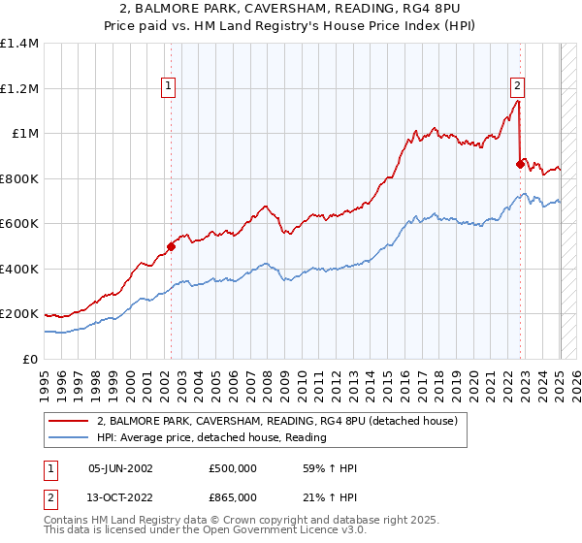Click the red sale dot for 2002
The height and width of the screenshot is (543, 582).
(x=172, y=246)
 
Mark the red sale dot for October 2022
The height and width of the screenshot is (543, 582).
(x=521, y=165)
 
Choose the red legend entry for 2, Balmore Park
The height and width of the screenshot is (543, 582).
(x=257, y=421)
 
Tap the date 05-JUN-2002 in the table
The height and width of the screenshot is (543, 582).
(x=120, y=468)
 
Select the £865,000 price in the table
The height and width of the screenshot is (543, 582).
(x=233, y=495)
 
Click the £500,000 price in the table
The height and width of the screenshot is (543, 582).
(x=233, y=468)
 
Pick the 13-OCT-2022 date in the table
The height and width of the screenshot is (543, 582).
(x=120, y=495)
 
